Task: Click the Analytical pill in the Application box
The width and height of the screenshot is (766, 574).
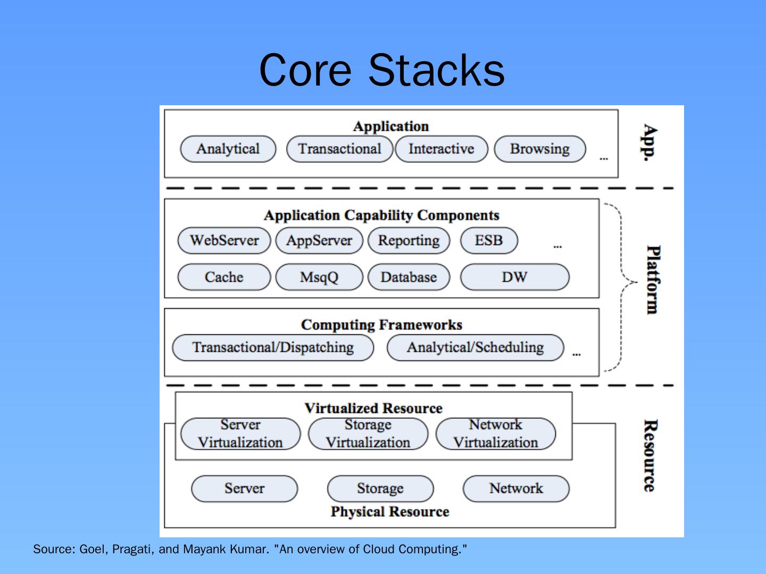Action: pyautogui.click(x=228, y=149)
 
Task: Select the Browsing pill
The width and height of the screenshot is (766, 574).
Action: pyautogui.click(x=540, y=149)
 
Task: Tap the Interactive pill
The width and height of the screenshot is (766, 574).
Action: pyautogui.click(x=442, y=149)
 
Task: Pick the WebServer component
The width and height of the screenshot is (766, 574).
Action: pyautogui.click(x=224, y=240)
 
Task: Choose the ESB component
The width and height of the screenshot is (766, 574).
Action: pyautogui.click(x=489, y=240)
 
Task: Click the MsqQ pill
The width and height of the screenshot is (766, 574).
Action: pyautogui.click(x=319, y=277)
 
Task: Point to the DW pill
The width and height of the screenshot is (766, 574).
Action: pyautogui.click(x=515, y=277)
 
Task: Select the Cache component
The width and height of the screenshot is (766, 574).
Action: pyautogui.click(x=224, y=277)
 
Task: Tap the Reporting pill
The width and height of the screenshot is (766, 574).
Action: pyautogui.click(x=409, y=240)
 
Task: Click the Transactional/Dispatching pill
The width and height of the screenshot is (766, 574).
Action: pyautogui.click(x=273, y=348)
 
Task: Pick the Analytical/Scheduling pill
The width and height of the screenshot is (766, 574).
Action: pyautogui.click(x=476, y=348)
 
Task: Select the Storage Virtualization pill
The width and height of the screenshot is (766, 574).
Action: pyautogui.click(x=368, y=434)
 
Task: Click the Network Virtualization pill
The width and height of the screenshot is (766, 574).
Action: pyautogui.click(x=496, y=434)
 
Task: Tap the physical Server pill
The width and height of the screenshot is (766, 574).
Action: pyautogui.click(x=244, y=488)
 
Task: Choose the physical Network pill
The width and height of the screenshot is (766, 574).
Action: pyautogui.click(x=516, y=488)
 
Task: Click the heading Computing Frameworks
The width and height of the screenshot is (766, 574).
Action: pyautogui.click(x=382, y=325)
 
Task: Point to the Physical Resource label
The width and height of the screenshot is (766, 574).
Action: pyautogui.click(x=390, y=512)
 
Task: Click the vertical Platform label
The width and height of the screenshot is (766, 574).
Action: pyautogui.click(x=653, y=280)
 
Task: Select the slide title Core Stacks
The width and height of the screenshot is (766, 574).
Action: pyautogui.click(x=382, y=70)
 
